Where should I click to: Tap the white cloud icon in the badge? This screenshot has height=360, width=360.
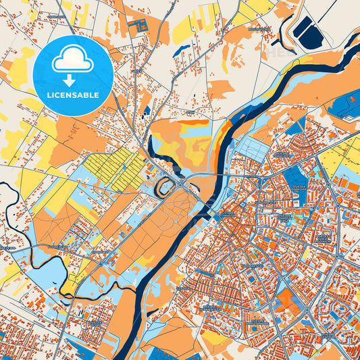pos(72,61)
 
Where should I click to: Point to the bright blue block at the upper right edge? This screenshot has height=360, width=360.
pos(344,105)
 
